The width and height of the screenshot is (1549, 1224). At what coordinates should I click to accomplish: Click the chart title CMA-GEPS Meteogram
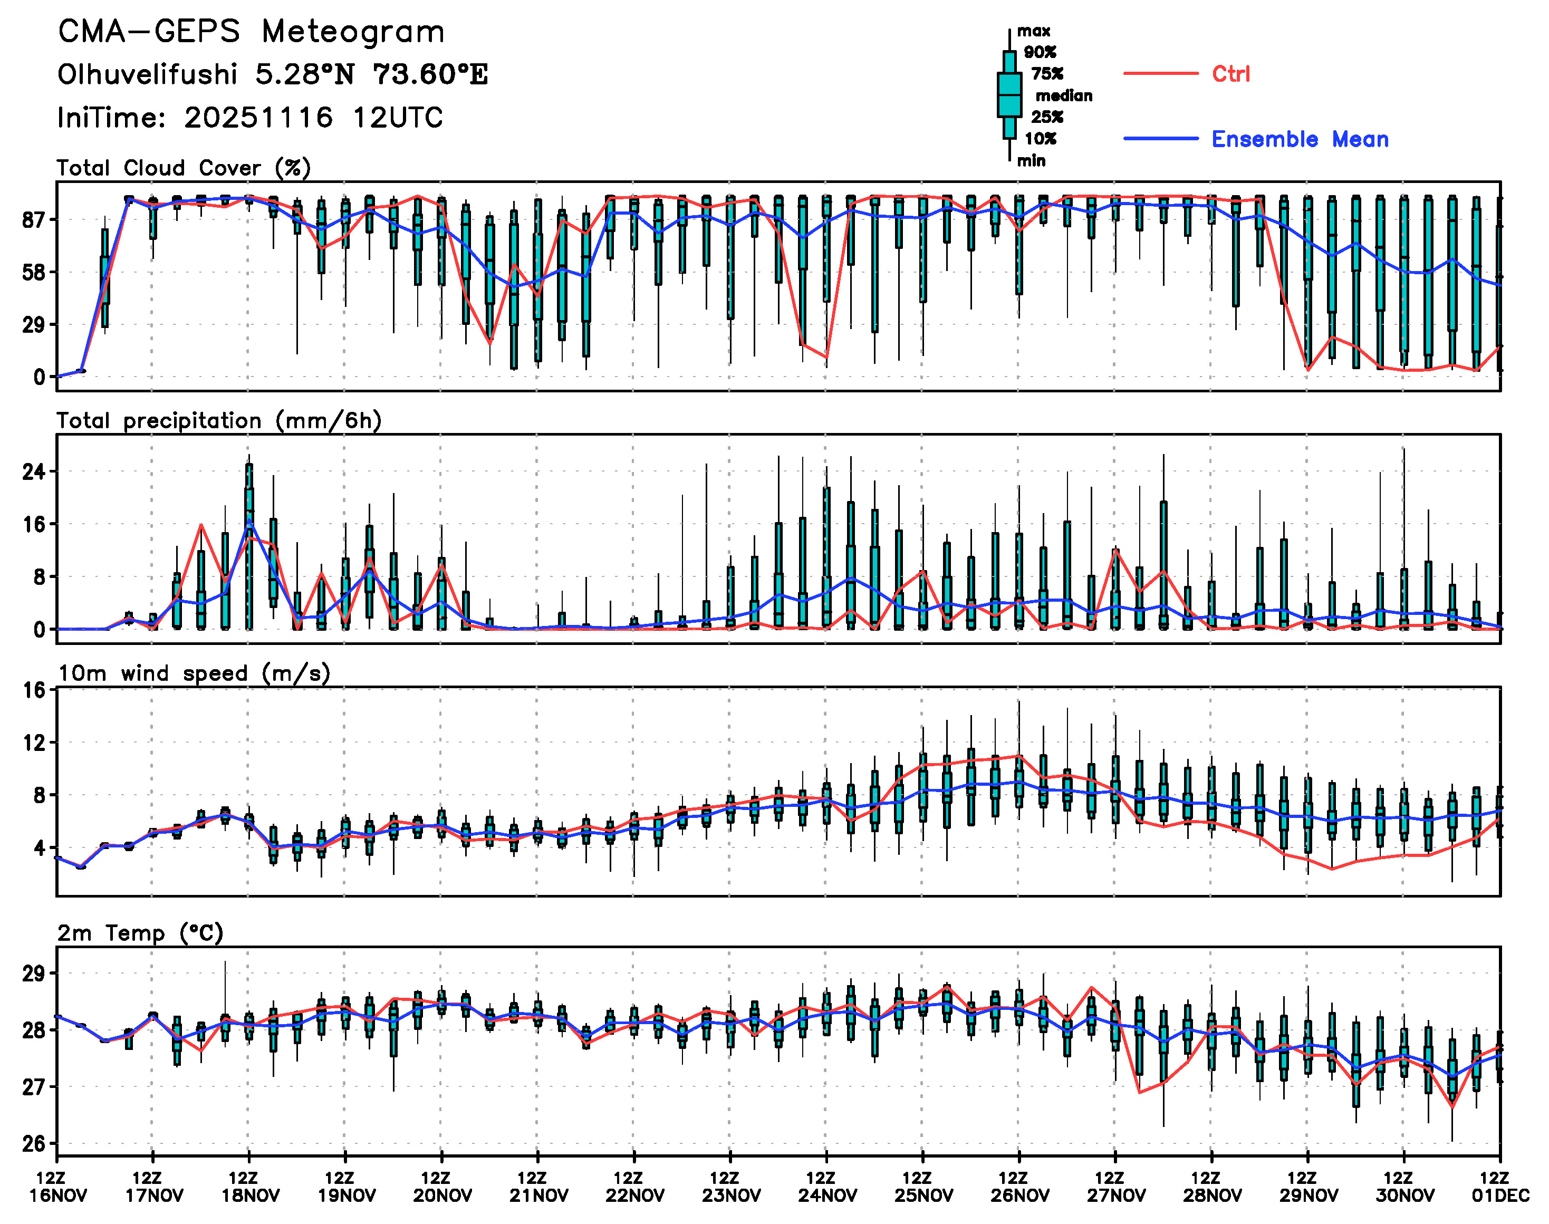point(251,32)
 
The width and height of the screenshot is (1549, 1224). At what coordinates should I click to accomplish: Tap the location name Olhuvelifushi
point(147,74)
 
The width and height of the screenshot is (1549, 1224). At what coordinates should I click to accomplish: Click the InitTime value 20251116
point(258,118)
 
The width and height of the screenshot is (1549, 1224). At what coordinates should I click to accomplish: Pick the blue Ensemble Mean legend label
point(1299,139)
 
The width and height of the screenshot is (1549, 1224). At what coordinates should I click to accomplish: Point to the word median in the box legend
point(1064,96)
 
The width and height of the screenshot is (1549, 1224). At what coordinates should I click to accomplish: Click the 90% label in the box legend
point(1040,52)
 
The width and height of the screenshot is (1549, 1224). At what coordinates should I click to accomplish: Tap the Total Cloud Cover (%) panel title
point(184,168)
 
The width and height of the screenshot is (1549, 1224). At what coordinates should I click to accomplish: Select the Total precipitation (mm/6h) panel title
point(219,421)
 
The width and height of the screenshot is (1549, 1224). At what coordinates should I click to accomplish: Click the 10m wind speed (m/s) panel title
point(194,673)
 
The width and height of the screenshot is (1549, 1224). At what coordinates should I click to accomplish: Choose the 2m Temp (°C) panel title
point(140,933)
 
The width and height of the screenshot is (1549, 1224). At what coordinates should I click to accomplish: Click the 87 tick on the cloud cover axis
point(33,219)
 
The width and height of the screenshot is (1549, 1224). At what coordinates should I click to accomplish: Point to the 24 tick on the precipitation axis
point(33,471)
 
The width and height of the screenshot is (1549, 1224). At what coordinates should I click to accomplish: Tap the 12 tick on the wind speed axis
point(33,743)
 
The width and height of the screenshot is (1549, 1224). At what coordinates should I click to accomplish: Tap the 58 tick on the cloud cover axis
point(33,272)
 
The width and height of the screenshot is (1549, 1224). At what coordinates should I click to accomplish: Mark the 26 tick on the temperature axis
point(33,1144)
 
